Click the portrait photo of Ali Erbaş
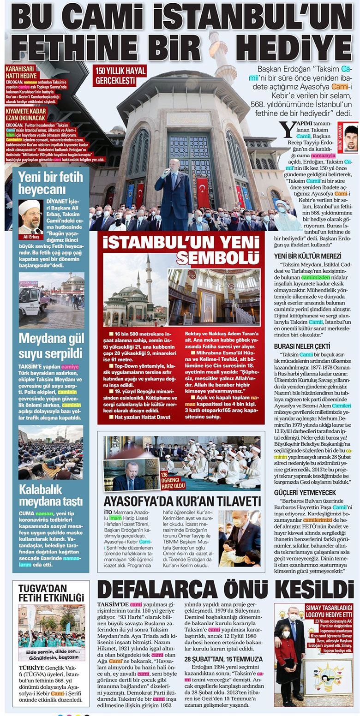point(30,216)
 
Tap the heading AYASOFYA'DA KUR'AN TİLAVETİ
point(182,500)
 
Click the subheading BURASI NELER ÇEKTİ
point(302,346)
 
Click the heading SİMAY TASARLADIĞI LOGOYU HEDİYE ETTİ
point(328,612)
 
